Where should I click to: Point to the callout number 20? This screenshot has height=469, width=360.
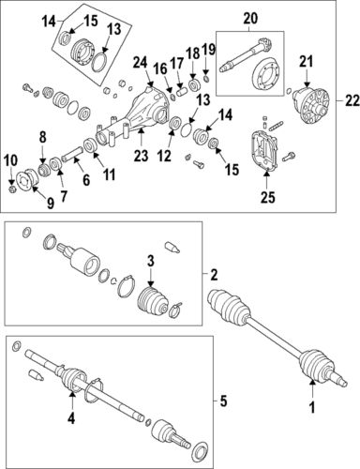coord(250,18)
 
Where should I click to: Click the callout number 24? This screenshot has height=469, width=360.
coord(141,62)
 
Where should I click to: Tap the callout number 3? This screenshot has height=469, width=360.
coord(149,260)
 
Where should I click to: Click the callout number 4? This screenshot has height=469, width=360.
coord(71,418)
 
